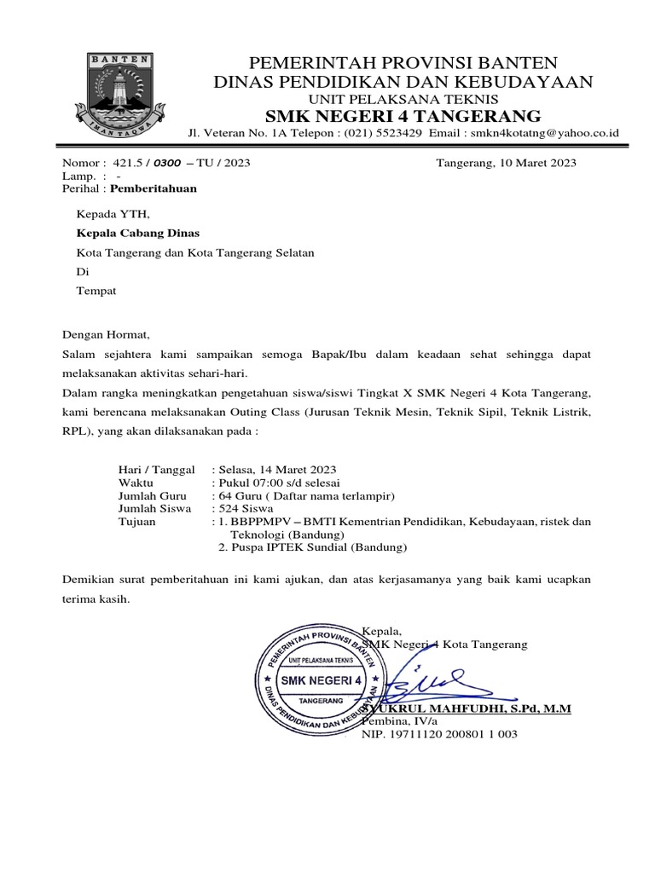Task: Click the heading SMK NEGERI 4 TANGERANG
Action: click(x=403, y=116)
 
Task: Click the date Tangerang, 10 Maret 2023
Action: click(x=506, y=163)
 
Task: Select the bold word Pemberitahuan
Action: click(x=154, y=188)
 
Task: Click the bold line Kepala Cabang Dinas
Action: click(x=138, y=232)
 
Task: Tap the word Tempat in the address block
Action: click(x=96, y=291)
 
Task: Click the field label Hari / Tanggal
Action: click(x=155, y=470)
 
